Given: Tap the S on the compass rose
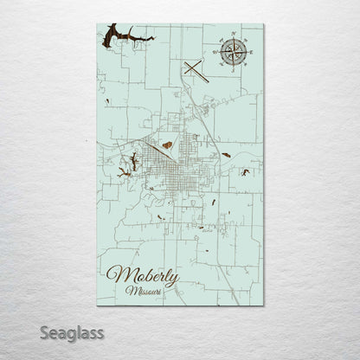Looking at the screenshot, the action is click(235, 67).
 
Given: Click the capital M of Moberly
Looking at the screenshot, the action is click(113, 253).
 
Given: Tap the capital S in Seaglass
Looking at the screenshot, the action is click(29, 332).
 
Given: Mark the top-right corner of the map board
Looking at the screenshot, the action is click(263, 23).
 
